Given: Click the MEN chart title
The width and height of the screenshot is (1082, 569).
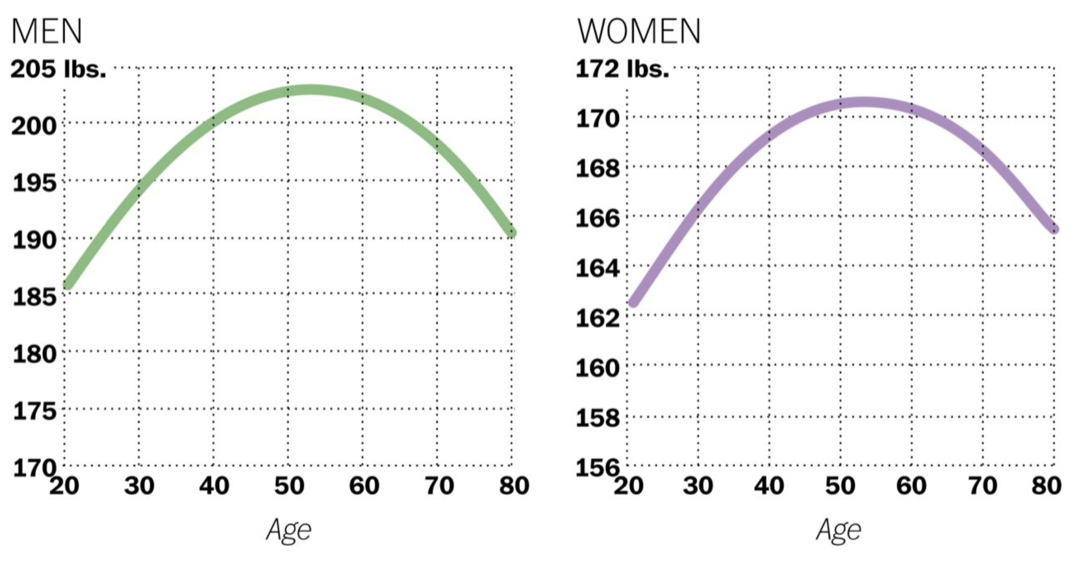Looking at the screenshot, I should coord(47,31).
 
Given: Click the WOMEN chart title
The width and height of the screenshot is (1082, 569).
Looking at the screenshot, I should coord(639,31).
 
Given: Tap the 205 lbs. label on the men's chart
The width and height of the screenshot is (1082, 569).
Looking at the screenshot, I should coord(58,69).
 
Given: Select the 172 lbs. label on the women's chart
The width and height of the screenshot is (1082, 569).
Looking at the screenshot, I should coord(622,69).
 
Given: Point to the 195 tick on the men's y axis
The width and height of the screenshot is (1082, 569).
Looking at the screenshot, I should coord(35,183).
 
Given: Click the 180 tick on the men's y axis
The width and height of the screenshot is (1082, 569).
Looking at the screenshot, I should coord(35,354).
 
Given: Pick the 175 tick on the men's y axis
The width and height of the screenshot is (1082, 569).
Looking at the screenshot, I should coord(35,411).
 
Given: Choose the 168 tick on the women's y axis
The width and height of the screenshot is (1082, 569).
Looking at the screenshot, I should coord(598,169).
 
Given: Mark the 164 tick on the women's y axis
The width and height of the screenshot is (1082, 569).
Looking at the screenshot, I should coord(598,267).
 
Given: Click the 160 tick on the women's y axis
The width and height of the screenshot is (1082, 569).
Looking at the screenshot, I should coord(598,367).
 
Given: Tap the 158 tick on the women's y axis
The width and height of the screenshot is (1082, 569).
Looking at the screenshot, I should coord(598,418).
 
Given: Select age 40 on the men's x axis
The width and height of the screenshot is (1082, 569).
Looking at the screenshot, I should coord(214,486).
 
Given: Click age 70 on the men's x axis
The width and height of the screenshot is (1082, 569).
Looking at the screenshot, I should coord(439,486).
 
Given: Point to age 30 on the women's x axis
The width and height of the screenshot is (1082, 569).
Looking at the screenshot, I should coord(698,486).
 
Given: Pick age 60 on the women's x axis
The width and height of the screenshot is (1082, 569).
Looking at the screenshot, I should coord(911,486).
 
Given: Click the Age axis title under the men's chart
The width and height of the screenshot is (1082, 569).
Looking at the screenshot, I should coord(289,530).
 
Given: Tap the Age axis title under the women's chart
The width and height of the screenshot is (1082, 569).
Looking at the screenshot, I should coord(838,530).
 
